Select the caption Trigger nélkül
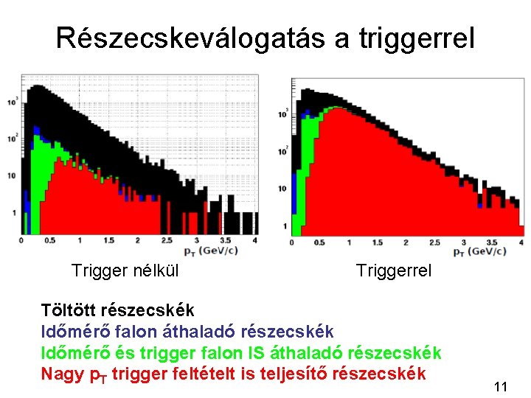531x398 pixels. [125, 271]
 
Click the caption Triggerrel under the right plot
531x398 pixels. [393, 271]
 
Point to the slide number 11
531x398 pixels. [501, 386]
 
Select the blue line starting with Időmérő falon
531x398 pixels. [187, 332]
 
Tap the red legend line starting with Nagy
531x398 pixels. [233, 374]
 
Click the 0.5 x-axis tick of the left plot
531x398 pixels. [49, 241]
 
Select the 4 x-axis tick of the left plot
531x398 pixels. [254, 241]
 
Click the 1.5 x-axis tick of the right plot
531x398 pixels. [377, 243]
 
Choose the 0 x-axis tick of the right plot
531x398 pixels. [292, 243]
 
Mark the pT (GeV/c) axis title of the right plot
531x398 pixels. [479, 252]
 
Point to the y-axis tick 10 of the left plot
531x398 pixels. [10, 175]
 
